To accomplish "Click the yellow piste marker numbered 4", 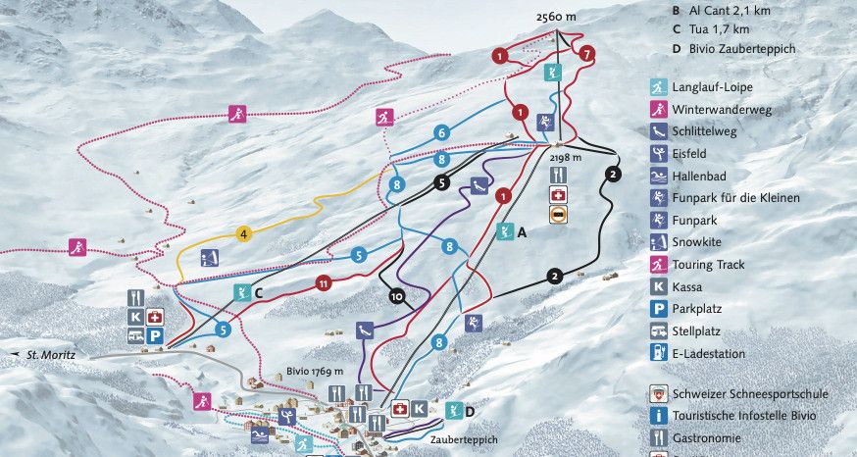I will (244, 233).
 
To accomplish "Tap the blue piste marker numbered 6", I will (442, 132).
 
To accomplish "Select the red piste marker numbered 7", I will (587, 54).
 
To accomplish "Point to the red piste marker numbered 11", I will (324, 283).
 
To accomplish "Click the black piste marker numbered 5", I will (442, 181).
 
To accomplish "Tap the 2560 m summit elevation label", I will (557, 18).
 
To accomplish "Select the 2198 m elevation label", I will (566, 157).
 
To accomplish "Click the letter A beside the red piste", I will (522, 232).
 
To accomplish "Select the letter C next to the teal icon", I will (259, 291).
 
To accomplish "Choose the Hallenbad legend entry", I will (700, 176).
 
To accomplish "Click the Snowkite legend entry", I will (698, 242).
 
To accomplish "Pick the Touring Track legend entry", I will (707, 265).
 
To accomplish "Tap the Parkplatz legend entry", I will (699, 309).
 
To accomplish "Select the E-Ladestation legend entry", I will (708, 353).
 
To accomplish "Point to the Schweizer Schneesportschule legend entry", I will (749, 393).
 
